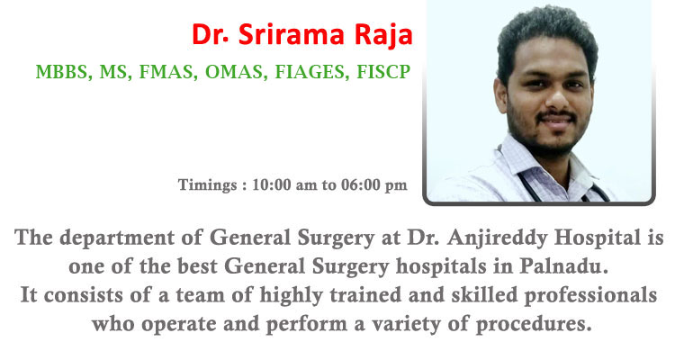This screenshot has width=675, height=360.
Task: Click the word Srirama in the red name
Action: coord(292,34)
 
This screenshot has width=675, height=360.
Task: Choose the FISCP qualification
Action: coord(383,72)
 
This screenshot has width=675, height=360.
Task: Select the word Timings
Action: coord(207,185)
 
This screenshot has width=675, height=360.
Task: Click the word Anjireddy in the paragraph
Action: coord(498,238)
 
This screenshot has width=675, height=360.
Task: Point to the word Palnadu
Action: coord(563,266)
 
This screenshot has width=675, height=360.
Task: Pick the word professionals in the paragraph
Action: coord(590,296)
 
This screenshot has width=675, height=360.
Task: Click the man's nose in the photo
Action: coord(558,98)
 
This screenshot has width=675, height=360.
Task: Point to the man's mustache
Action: coord(556,115)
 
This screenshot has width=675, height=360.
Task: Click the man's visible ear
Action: coord(501,95)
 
